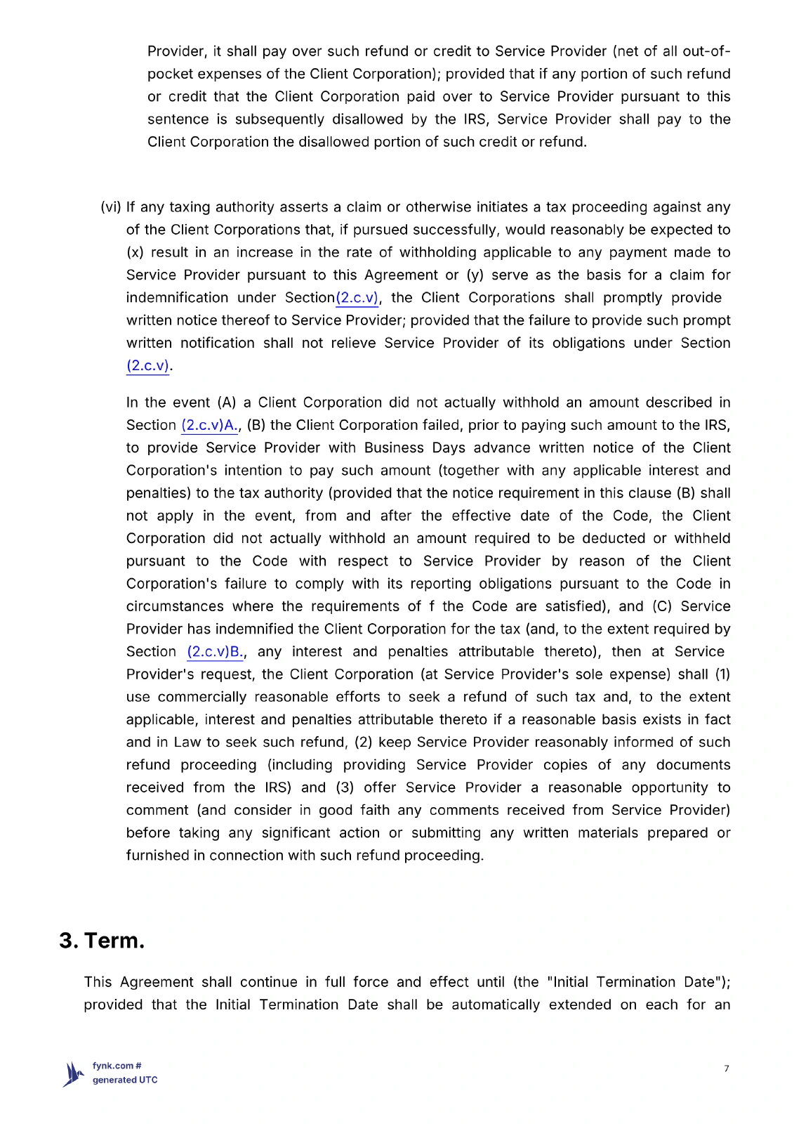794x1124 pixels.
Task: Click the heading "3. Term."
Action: [102, 940]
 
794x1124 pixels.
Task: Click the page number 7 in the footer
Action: [727, 1069]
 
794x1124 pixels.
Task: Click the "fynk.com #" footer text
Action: [117, 1066]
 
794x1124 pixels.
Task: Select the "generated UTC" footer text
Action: [125, 1080]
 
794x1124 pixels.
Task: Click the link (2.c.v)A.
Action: [210, 425]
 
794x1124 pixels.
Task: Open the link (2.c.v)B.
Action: [215, 652]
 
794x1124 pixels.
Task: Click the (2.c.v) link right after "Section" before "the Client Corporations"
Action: [357, 298]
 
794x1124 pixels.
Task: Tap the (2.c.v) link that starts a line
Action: [147, 365]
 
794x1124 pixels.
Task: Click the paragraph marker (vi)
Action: [110, 207]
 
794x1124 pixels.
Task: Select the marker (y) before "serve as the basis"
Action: [475, 275]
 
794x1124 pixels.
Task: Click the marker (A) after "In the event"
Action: [226, 403]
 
